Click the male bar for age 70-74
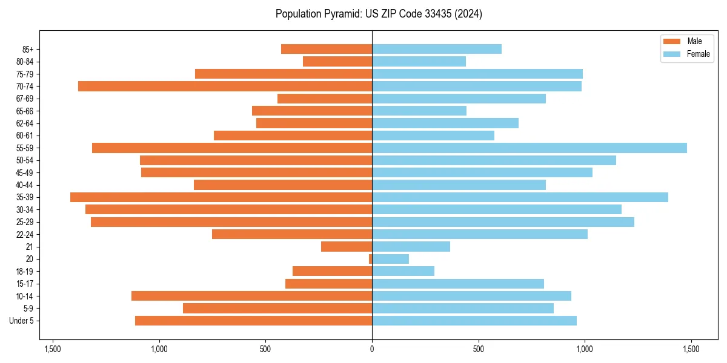click(224, 87)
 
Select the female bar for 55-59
click(529, 148)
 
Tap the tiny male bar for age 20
click(370, 259)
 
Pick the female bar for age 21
click(411, 247)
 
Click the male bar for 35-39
click(221, 197)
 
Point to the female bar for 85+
click(436, 49)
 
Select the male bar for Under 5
click(253, 321)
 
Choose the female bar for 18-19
click(403, 271)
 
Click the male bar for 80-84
click(337, 62)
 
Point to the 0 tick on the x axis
click(372, 349)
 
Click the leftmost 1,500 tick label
click(53, 349)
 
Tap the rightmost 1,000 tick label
click(585, 349)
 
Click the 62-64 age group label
click(24, 123)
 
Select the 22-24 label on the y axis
click(24, 235)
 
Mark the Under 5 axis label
click(21, 321)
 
